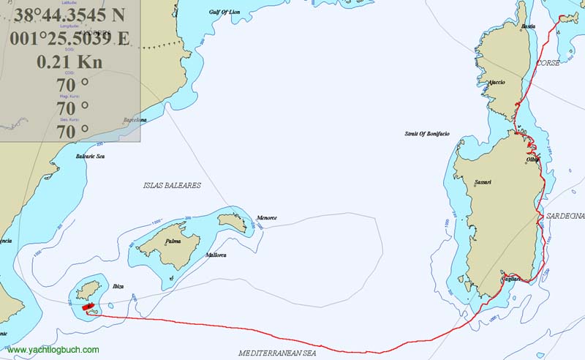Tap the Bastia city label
point(529,26)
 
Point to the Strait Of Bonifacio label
point(427,134)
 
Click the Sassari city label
point(483,182)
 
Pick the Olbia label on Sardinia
point(532,159)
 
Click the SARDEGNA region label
point(565,217)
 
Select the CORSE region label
point(548,64)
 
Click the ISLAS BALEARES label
point(172,186)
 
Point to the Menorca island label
point(267,218)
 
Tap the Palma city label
point(173,241)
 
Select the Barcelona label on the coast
point(135,119)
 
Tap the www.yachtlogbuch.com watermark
point(53,350)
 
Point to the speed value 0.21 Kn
point(71,61)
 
